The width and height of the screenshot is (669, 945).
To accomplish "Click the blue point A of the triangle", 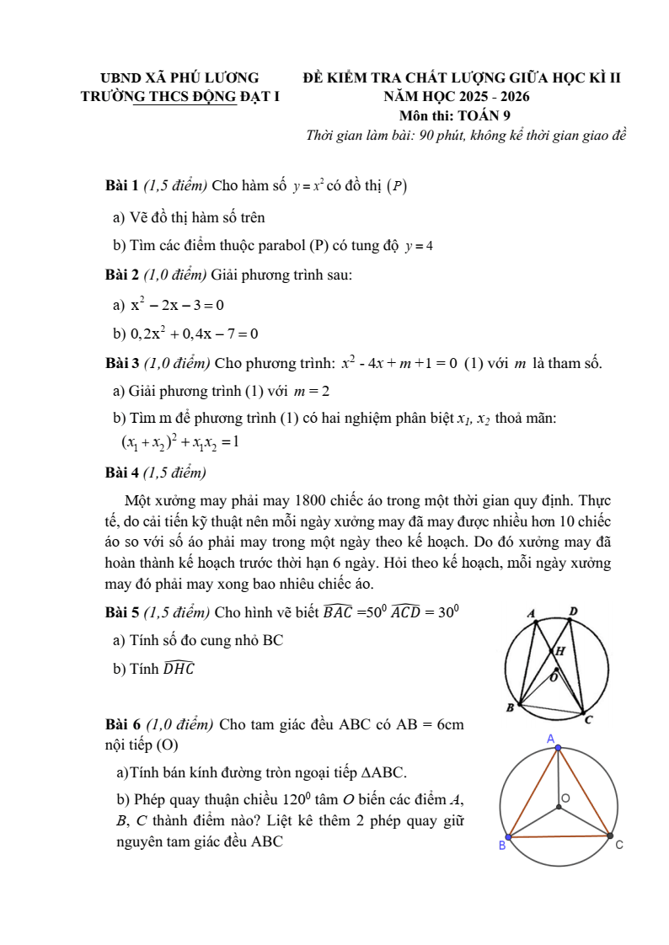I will tap(557, 747).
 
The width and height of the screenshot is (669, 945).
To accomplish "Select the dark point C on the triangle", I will tap(610, 836).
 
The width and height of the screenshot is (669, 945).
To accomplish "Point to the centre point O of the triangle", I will tap(558, 809).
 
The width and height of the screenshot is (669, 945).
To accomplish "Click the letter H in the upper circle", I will tap(559, 651).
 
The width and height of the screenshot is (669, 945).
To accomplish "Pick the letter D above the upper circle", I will tap(574, 611).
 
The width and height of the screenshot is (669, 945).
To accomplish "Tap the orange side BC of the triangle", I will tap(559, 837).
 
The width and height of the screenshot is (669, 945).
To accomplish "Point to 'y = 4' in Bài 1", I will tap(419, 247).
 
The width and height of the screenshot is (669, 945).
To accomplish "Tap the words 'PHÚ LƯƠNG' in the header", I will tap(218, 78).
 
